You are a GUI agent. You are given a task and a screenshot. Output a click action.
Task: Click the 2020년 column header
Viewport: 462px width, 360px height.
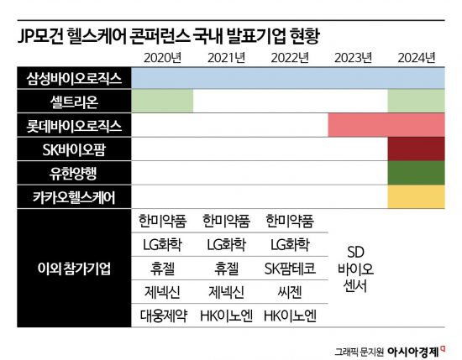pos(162,57)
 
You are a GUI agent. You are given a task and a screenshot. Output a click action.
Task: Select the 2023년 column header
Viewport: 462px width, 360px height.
pos(353,57)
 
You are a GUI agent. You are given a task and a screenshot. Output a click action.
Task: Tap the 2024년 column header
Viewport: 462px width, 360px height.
pos(416,57)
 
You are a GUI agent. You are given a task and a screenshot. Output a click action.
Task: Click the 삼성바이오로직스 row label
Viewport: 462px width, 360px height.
pos(73,78)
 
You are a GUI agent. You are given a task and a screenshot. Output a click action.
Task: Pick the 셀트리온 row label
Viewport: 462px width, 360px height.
pos(73,102)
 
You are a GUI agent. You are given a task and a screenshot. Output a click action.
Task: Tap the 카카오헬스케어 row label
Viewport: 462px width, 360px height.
pos(73,196)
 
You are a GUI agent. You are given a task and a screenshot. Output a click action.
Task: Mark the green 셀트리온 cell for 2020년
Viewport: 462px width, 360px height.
pos(162,102)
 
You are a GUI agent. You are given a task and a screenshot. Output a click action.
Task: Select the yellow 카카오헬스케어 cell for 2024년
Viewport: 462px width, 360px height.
pos(416,196)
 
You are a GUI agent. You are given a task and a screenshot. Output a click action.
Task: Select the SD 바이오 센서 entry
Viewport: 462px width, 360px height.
pos(354,268)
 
